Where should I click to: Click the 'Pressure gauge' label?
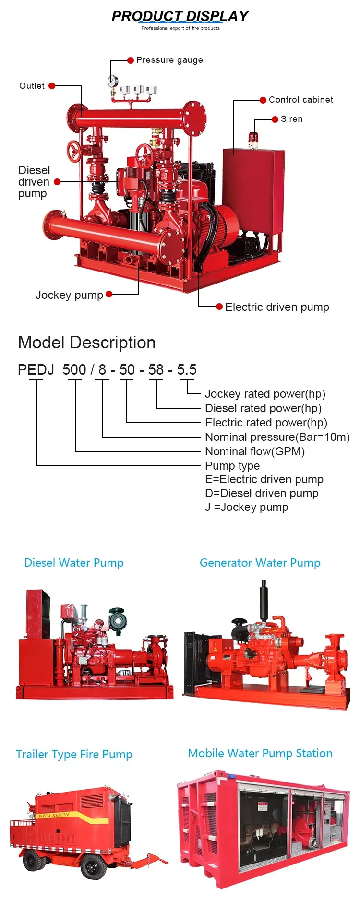click(169, 60)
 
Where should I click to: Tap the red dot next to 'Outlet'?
click(52, 86)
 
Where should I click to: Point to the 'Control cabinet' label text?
click(300, 100)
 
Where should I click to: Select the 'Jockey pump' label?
click(69, 295)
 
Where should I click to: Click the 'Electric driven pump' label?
click(277, 307)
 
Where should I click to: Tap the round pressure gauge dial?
click(113, 81)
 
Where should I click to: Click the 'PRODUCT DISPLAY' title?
click(180, 16)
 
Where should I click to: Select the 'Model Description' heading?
click(87, 343)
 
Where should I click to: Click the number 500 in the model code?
click(74, 370)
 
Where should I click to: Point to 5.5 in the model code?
click(187, 370)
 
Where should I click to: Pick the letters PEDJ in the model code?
click(36, 370)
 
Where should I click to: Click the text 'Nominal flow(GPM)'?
click(255, 451)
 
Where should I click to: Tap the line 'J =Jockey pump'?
click(247, 507)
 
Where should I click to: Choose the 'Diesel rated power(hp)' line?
click(263, 408)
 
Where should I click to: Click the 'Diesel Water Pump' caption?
click(74, 563)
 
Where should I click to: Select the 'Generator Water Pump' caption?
click(260, 563)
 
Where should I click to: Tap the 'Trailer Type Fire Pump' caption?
click(74, 754)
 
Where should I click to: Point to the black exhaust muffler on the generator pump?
click(263, 600)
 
